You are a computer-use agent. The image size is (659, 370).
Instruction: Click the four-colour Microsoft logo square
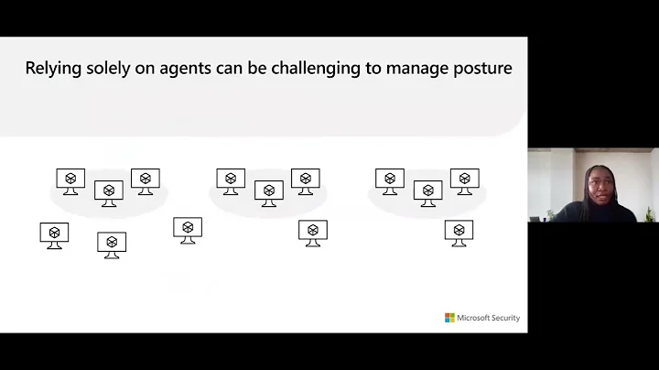click(449, 318)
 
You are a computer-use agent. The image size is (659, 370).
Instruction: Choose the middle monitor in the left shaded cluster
click(109, 192)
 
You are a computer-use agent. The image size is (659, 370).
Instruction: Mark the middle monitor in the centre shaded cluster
click(269, 192)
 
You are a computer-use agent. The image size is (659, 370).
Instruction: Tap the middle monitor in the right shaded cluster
click(428, 192)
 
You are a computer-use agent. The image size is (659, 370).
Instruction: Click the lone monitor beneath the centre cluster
click(313, 233)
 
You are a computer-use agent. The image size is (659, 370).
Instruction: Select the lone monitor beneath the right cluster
click(459, 233)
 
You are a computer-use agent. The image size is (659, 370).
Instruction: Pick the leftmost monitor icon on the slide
click(54, 234)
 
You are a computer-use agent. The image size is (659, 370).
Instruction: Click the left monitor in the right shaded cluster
click(390, 180)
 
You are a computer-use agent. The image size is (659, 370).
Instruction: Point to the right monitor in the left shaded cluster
click(146, 180)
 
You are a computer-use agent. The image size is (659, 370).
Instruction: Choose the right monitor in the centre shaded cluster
click(306, 180)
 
